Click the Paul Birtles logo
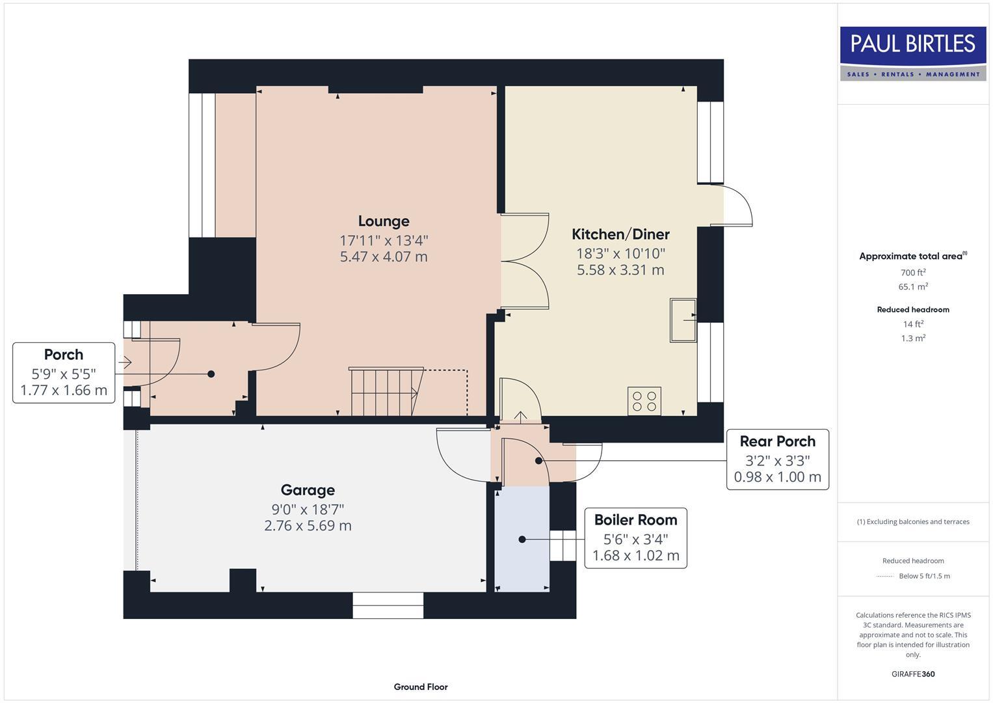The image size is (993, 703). click(912, 53)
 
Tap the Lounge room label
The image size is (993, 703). click(384, 221)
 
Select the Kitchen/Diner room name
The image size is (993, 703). click(620, 234)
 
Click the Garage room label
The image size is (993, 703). click(308, 490)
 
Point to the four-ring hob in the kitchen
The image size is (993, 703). click(644, 400)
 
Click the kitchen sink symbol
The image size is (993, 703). click(683, 320)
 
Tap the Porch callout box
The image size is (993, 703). click(64, 372)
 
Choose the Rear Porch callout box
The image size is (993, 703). click(777, 459)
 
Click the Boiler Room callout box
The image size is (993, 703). click(635, 538)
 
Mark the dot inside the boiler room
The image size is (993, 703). click(522, 539)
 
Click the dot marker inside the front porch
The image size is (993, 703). click(211, 374)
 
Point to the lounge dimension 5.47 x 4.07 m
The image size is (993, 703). click(384, 256)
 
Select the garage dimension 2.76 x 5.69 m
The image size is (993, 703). click(308, 525)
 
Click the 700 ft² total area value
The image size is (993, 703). click(913, 272)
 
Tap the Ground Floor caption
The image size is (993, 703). click(421, 687)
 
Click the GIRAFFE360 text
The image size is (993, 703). click(913, 674)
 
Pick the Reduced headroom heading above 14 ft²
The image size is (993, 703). click(913, 309)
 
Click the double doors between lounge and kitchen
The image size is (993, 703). click(525, 262)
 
